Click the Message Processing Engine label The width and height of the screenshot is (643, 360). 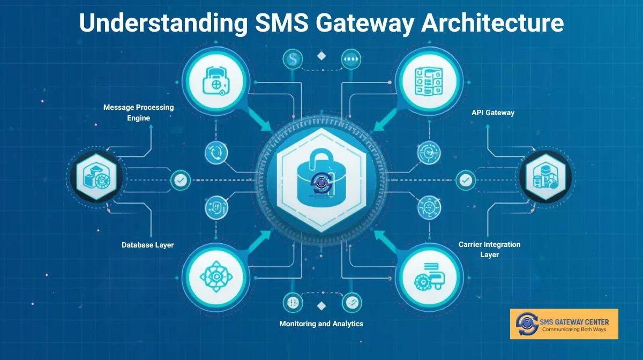click(x=139, y=112)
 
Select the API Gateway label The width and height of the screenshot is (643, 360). click(x=493, y=113)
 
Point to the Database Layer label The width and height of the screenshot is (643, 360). click(x=148, y=245)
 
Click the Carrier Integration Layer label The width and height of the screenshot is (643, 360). click(x=489, y=250)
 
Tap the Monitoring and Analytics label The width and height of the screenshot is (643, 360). click(x=322, y=324)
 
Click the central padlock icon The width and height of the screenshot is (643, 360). click(x=322, y=179)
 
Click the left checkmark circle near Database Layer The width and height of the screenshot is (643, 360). click(x=180, y=181)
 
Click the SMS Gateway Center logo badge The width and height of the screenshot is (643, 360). click(x=564, y=324)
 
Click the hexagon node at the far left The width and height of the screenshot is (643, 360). click(x=96, y=176)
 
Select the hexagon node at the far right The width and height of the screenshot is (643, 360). click(x=545, y=176)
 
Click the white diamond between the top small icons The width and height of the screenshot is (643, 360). click(x=322, y=56)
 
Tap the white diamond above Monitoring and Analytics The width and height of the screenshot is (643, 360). click(x=322, y=305)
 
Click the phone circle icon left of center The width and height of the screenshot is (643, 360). click(x=216, y=153)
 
